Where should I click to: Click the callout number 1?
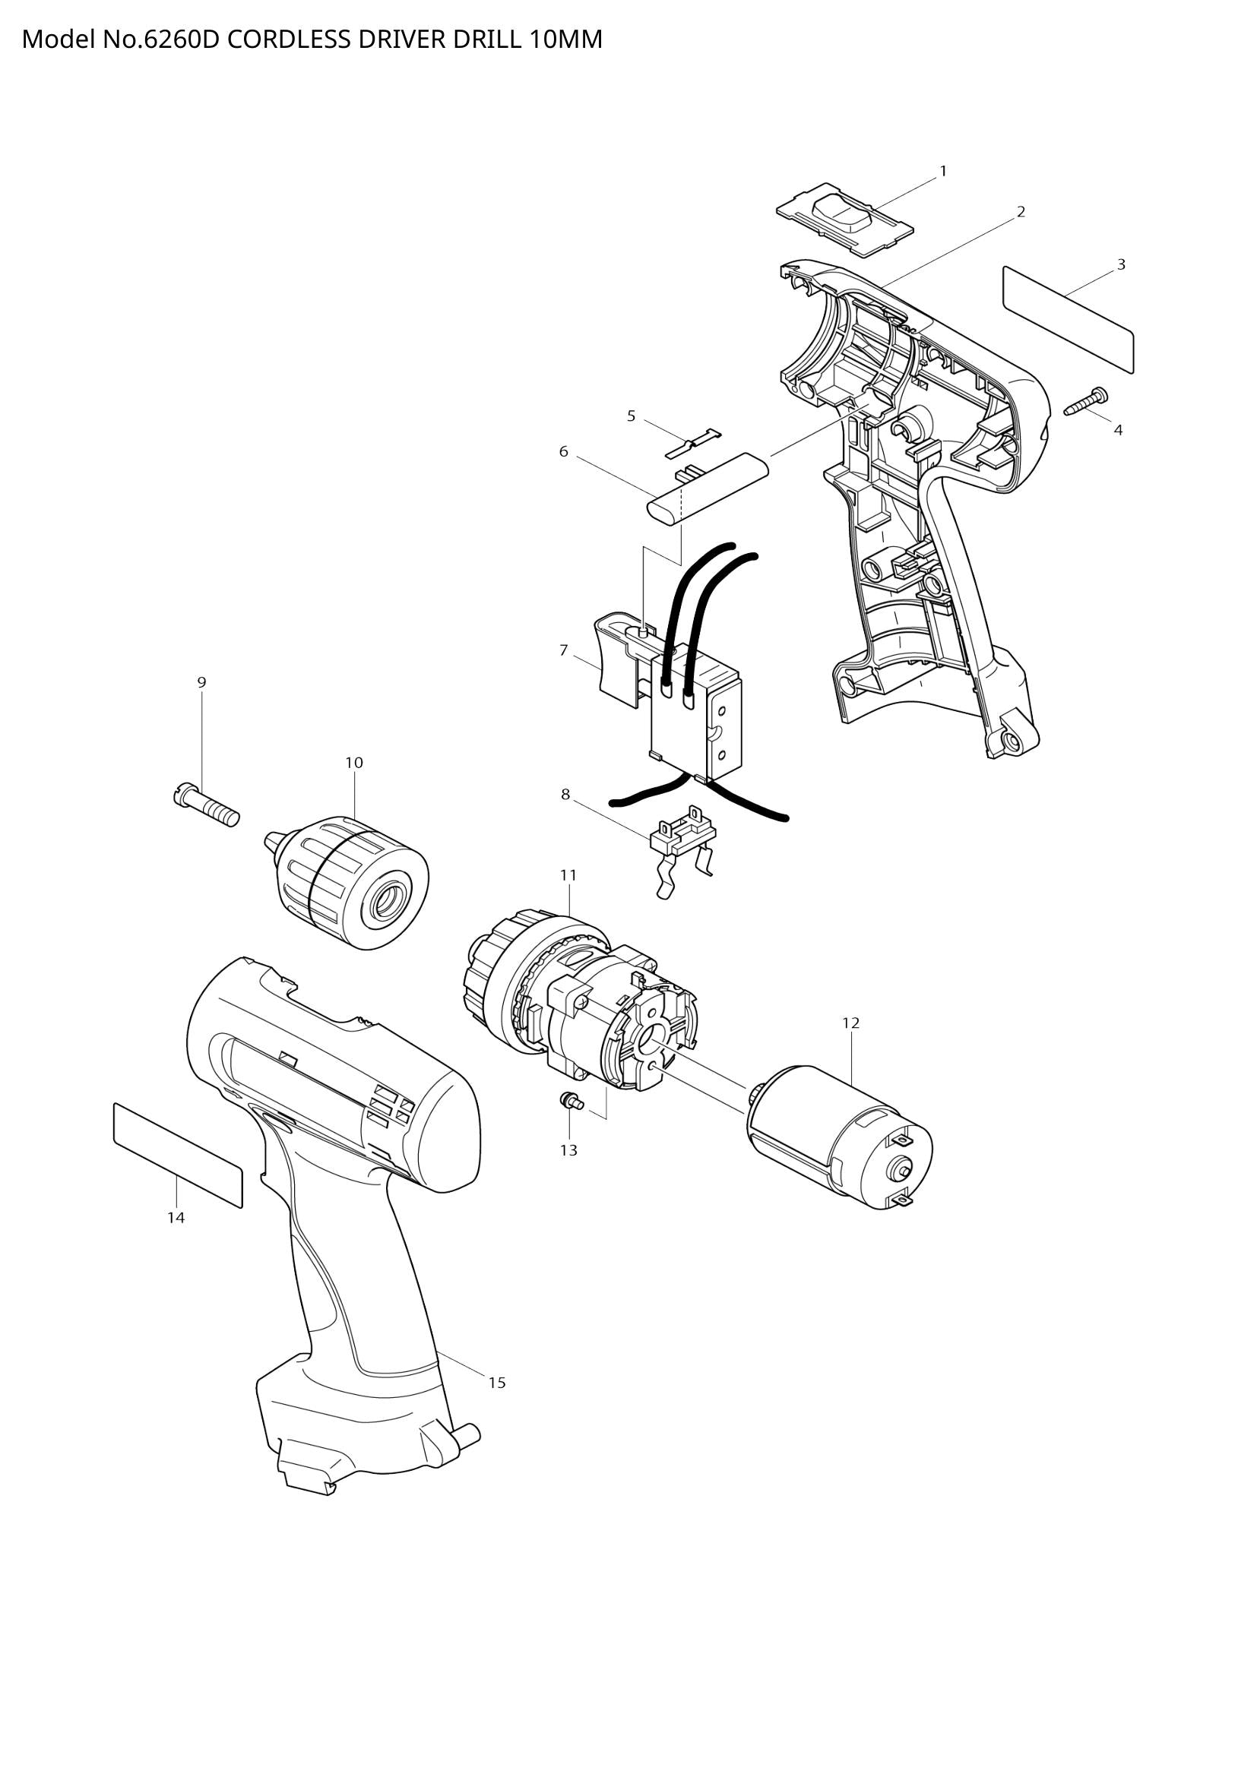coord(942,171)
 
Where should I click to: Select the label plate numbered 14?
coord(177,1154)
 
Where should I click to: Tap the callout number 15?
coord(496,1382)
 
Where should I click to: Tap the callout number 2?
coord(1020,212)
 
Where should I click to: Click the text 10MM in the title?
coord(565,40)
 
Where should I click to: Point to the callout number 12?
coord(850,1023)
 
